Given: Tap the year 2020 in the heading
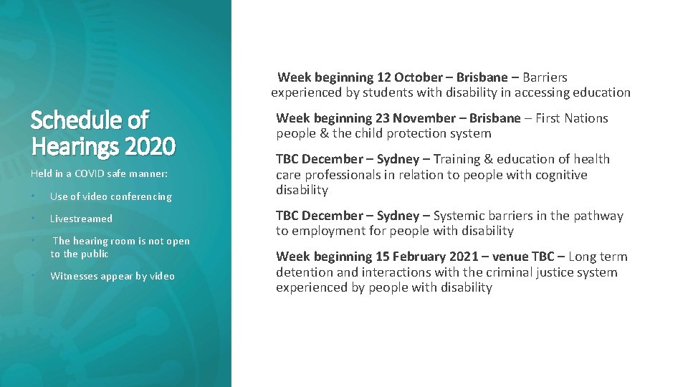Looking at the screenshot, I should click(150, 145).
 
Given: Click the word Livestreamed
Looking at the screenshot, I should click(81, 219).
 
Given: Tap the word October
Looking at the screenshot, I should click(419, 77).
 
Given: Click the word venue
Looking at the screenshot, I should click(510, 257).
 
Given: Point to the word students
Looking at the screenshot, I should click(381, 92).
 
